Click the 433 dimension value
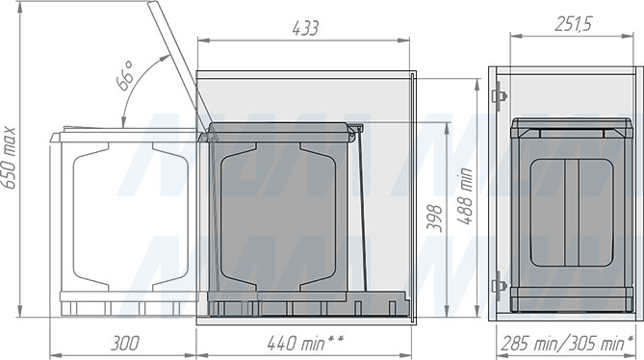point(305,28)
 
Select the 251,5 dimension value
point(573,24)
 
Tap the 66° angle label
point(125,76)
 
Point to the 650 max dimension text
point(9,158)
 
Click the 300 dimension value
point(125,344)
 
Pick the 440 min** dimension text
point(305,344)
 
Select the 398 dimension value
point(434,219)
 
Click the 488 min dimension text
point(465,196)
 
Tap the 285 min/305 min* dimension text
point(567,344)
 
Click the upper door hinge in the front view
point(499,95)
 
